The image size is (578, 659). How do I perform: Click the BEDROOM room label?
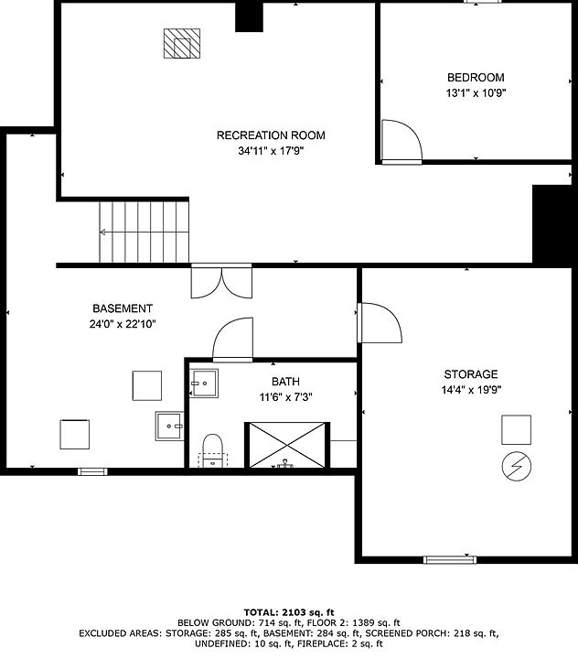click(476, 77)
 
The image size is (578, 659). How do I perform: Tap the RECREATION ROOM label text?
click(271, 135)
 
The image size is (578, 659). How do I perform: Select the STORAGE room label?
click(471, 374)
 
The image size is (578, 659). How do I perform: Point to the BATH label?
click(285, 382)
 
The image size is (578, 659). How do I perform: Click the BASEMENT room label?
click(123, 308)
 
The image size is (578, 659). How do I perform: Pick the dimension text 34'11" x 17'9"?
click(271, 150)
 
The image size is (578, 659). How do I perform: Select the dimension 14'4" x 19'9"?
click(471, 390)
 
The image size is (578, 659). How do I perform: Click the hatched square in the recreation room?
click(181, 43)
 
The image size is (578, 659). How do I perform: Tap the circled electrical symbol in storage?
click(516, 466)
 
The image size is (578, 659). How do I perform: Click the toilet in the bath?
click(212, 450)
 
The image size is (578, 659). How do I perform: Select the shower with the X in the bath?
click(287, 445)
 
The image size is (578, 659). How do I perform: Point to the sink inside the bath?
click(204, 384)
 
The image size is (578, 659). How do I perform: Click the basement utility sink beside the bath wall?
click(170, 426)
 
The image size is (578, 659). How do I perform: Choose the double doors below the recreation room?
click(221, 281)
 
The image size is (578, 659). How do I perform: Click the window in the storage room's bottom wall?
click(449, 559)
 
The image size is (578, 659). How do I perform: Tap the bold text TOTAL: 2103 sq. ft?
click(289, 612)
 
